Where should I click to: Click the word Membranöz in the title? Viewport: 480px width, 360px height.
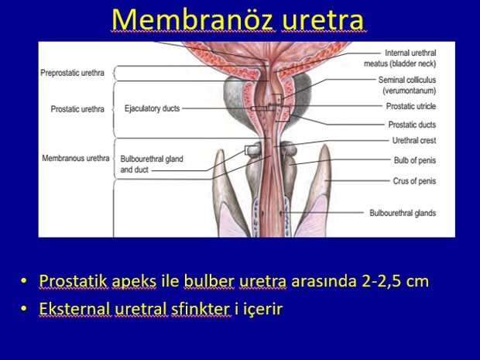click(192, 19)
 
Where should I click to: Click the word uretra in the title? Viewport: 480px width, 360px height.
click(324, 20)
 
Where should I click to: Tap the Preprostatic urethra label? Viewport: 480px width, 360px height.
click(72, 74)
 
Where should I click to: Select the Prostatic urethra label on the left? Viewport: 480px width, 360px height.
click(77, 109)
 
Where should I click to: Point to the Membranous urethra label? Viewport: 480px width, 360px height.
click(76, 158)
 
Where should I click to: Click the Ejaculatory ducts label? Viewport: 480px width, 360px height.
click(153, 108)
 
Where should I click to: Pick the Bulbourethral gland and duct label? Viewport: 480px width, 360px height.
click(152, 164)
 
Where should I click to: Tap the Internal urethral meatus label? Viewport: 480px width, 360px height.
click(399, 58)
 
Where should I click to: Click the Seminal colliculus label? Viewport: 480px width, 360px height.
click(407, 85)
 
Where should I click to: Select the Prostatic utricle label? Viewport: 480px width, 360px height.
click(411, 107)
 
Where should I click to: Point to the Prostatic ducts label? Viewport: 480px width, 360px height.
click(412, 125)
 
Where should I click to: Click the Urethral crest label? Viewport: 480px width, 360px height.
click(414, 140)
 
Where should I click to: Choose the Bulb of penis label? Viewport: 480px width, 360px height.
click(415, 160)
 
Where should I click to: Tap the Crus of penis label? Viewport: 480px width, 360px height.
click(414, 181)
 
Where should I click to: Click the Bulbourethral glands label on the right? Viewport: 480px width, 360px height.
click(403, 213)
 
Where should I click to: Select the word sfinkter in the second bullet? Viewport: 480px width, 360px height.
click(201, 309)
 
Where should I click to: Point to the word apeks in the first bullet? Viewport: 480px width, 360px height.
click(134, 281)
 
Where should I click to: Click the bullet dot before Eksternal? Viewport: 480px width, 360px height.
click(23, 309)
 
